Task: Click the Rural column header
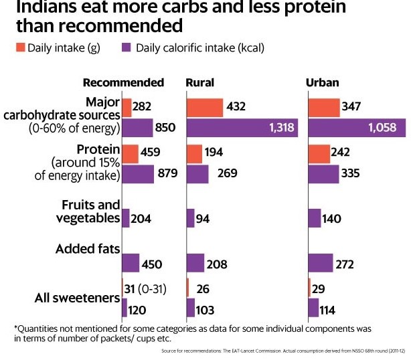pos(199,83)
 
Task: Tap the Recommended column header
pos(123,83)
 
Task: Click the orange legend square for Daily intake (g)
pos(19,48)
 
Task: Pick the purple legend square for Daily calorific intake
pos(126,48)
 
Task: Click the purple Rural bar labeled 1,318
pos(242,128)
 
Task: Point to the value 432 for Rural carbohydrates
pos(236,107)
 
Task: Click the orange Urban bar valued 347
pos(323,107)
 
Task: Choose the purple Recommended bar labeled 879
pos(137,174)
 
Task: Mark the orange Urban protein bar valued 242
pos(319,153)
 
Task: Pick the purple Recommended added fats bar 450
pos(131,263)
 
